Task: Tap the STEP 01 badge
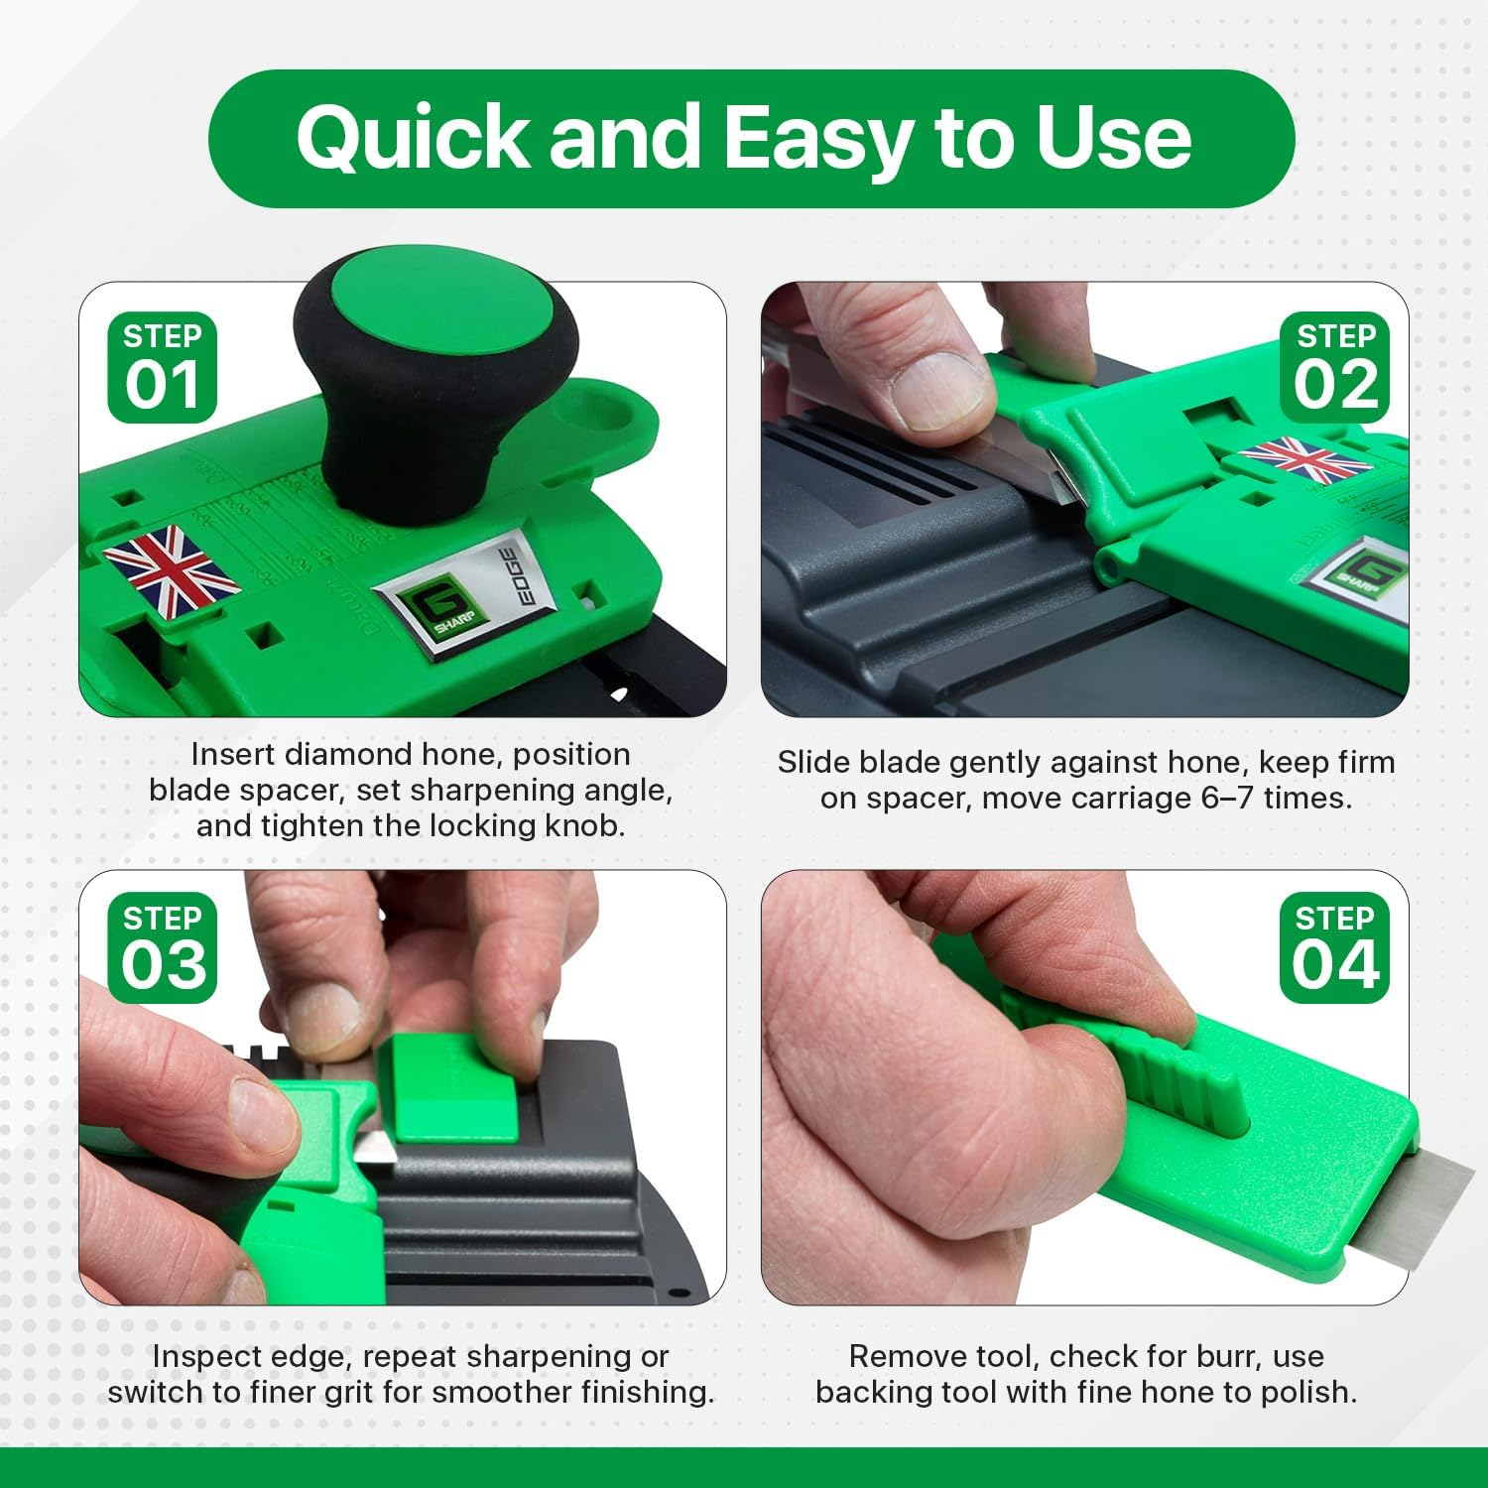click(x=162, y=367)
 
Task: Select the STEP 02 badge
click(x=1334, y=367)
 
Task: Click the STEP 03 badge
click(x=162, y=948)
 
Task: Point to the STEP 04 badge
click(x=1334, y=948)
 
